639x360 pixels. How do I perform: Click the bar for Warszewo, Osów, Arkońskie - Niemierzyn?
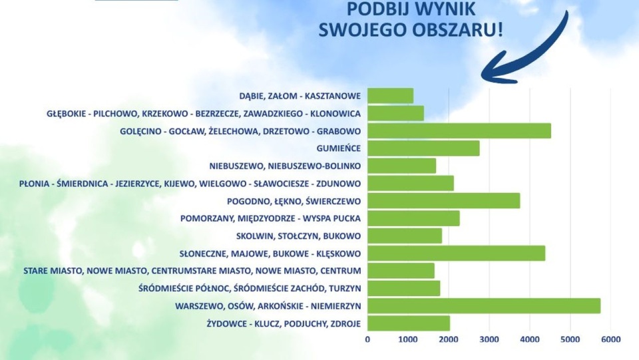(483, 305)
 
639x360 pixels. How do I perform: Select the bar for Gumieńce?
(423, 148)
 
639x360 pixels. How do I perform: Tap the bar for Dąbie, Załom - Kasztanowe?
(390, 96)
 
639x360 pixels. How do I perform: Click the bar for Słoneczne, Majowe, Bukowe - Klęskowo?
(456, 253)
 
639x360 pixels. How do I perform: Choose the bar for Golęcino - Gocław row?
(459, 131)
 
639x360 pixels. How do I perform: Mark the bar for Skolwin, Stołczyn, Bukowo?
(404, 236)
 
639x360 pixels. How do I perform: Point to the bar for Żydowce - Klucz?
(408, 323)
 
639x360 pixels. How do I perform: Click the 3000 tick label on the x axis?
(489, 339)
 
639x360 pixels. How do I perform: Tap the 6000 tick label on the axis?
(610, 339)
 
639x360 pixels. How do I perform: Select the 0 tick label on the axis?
(367, 339)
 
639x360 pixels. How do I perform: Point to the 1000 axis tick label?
(408, 339)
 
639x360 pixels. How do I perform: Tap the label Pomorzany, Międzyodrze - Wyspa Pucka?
(270, 218)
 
